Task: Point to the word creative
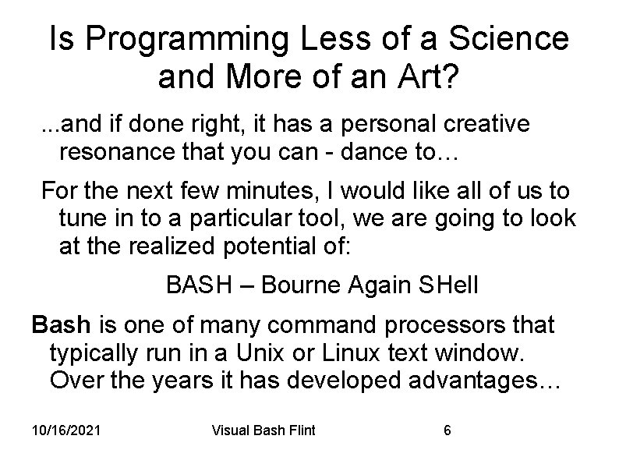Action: click(483, 124)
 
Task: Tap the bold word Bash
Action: click(61, 324)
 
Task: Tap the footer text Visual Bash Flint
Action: click(264, 430)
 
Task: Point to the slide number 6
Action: click(447, 430)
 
